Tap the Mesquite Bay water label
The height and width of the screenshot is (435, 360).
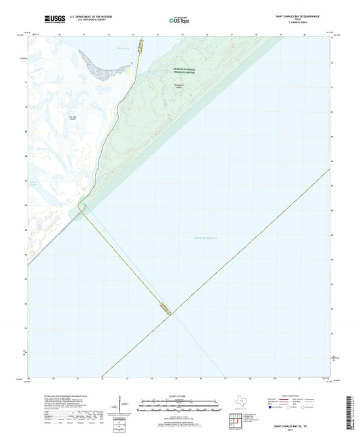103,48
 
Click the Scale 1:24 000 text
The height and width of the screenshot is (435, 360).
179,396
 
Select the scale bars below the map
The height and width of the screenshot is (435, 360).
179,407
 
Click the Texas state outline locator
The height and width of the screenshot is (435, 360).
240,404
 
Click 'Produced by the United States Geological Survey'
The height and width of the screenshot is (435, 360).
55,396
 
